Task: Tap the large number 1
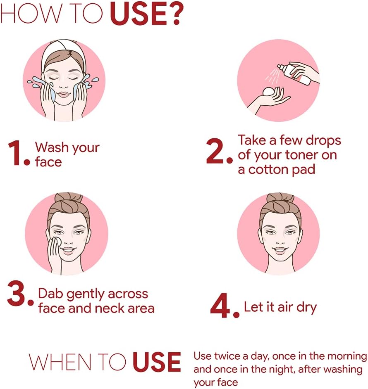point(14,153)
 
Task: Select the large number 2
point(215,151)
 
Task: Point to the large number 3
point(17,293)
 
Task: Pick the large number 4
point(221,305)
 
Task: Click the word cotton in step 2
point(265,170)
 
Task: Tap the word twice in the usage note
point(227,356)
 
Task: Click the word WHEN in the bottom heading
point(60,362)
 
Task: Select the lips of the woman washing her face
point(64,95)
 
